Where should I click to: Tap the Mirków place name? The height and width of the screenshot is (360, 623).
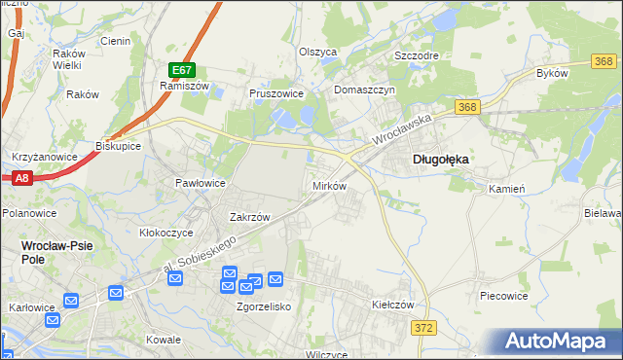328,185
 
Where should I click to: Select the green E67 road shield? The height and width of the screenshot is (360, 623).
183,70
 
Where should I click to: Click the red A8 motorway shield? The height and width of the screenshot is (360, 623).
21,177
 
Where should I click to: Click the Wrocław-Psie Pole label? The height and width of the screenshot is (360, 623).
56,252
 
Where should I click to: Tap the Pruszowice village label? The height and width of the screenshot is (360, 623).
276,94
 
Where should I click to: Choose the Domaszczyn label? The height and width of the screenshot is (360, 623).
363,90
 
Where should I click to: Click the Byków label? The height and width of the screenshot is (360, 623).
551,74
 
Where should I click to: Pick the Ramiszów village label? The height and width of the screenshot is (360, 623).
179,86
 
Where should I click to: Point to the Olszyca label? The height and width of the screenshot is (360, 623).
317,53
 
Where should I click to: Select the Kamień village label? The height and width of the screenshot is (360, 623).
507,189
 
